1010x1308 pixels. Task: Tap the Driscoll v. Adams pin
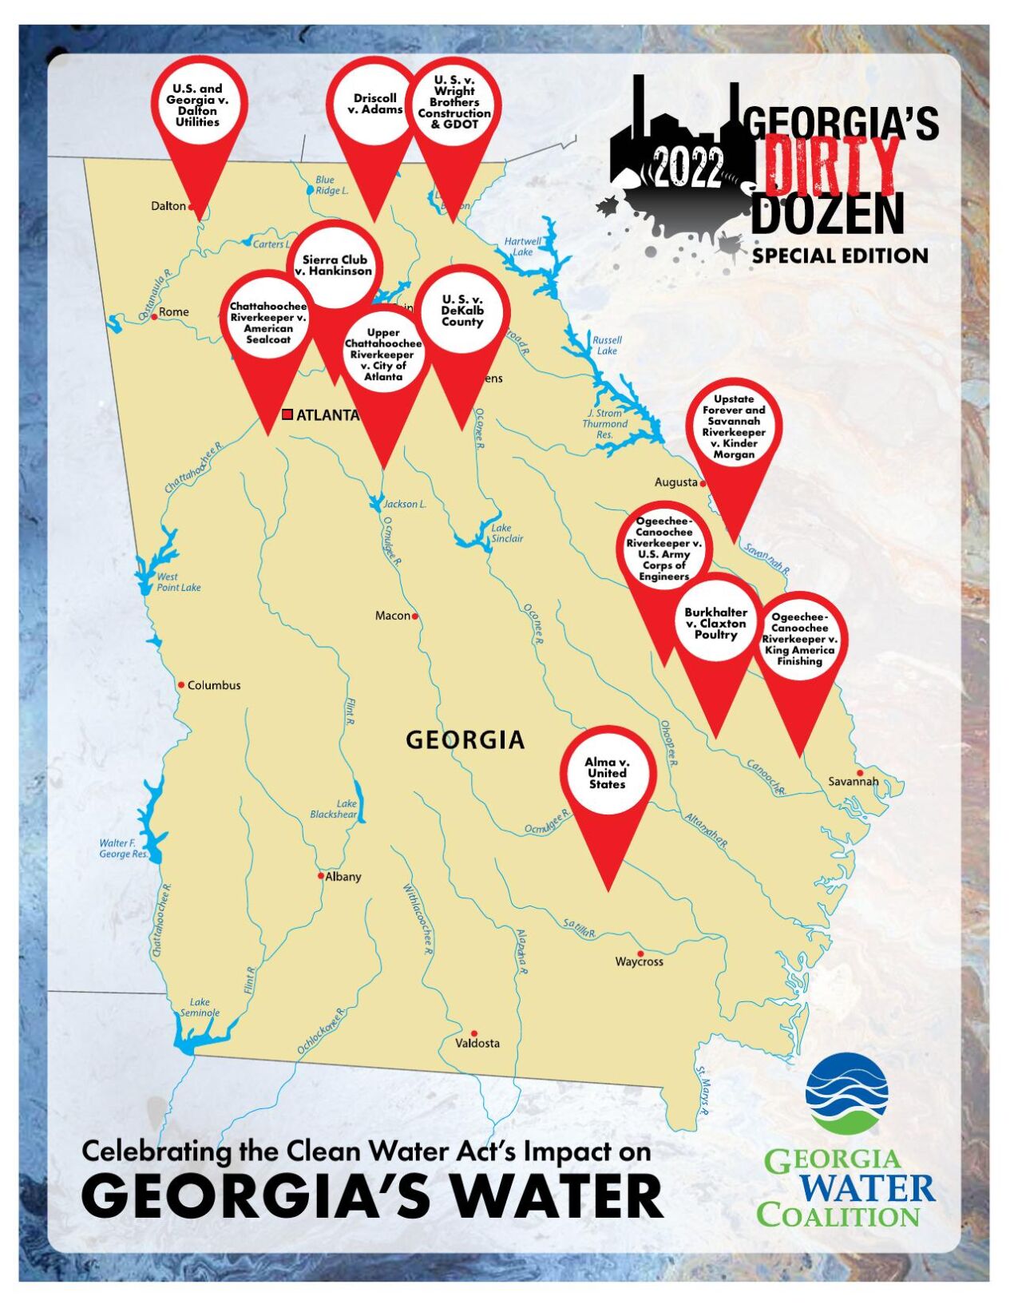point(374,104)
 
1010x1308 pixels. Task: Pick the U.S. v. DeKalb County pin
point(462,311)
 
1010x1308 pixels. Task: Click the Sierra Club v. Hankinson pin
point(336,265)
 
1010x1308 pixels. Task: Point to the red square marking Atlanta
point(287,414)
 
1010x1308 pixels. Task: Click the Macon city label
point(393,616)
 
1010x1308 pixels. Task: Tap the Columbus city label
point(213,685)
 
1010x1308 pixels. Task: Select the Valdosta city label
point(477,1043)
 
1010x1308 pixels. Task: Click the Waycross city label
point(639,961)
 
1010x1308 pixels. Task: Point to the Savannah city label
point(853,781)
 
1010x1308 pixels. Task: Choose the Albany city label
point(343,876)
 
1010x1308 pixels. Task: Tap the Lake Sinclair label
point(507,533)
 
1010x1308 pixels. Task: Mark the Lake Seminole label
point(200,1008)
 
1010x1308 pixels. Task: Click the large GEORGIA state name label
point(465,740)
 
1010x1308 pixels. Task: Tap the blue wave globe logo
point(846,1093)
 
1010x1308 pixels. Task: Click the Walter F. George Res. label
point(123,848)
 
